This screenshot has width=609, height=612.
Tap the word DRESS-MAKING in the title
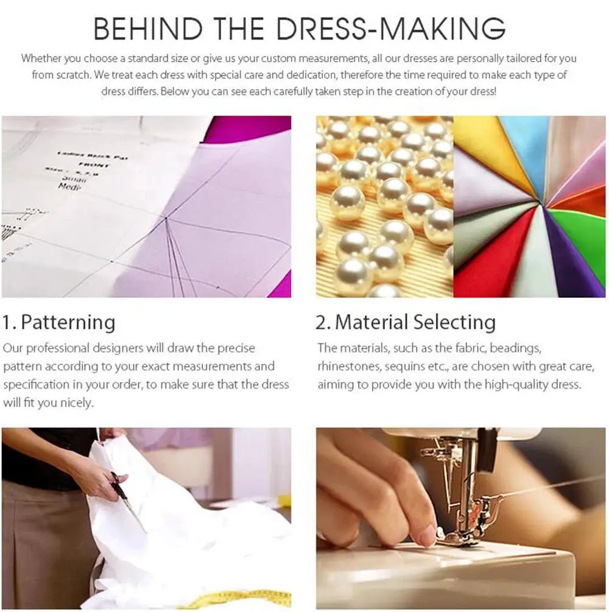tap(391, 28)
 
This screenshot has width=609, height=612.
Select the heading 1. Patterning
tap(59, 322)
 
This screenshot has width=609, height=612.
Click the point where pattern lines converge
tap(166, 218)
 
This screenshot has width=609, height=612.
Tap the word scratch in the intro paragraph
tap(72, 75)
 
